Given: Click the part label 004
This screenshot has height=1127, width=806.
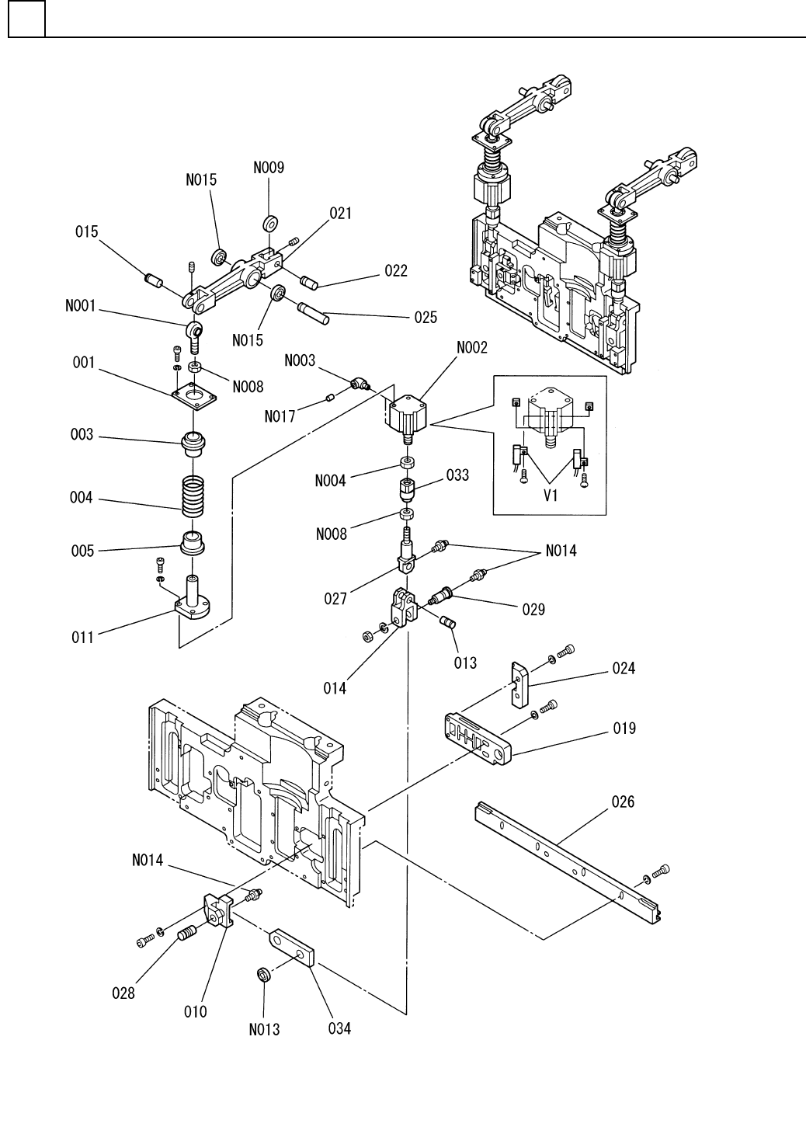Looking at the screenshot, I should point(82,498).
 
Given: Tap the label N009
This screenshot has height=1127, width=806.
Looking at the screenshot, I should point(269,167).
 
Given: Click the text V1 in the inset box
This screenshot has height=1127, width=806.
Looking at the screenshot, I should point(551,496).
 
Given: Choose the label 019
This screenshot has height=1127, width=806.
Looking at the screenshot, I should point(623,728).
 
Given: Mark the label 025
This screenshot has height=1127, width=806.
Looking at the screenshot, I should point(425,317).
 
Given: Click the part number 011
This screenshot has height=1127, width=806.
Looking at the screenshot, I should point(83,637).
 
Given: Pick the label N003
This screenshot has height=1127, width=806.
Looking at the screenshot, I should point(300,360).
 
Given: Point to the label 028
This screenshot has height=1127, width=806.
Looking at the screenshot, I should point(123,993).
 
